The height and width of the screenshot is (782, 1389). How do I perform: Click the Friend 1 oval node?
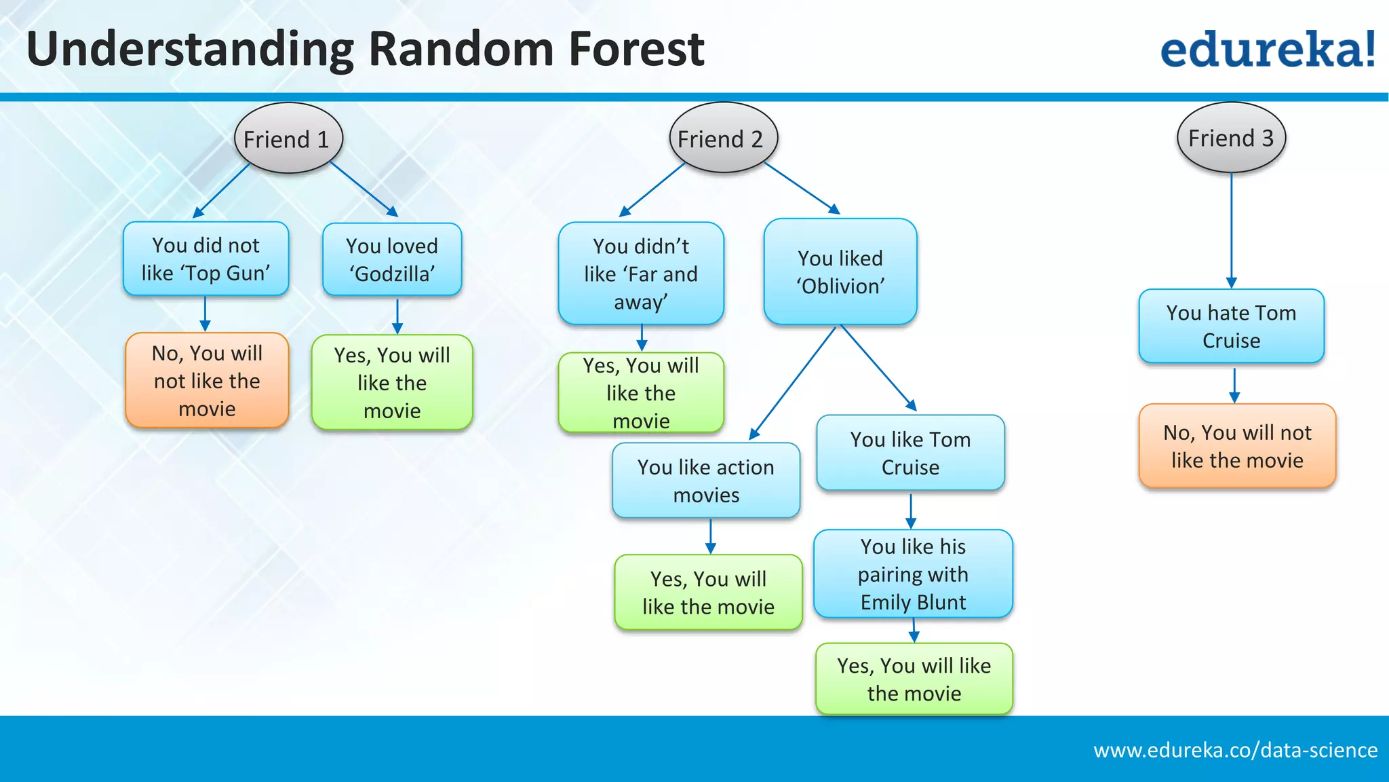tap(288, 138)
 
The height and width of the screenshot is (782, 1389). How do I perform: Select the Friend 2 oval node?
tap(722, 138)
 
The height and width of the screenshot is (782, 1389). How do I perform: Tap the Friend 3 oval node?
tap(1231, 138)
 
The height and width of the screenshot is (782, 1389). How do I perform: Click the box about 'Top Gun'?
tap(206, 259)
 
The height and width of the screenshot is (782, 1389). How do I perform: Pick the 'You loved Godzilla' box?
tap(392, 260)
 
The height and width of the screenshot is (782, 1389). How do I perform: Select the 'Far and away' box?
tap(641, 274)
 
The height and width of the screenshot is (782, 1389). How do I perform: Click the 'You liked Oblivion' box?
tap(840, 272)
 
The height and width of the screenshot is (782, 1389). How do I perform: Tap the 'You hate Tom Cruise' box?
tap(1231, 327)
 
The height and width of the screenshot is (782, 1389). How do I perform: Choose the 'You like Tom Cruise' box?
tap(910, 453)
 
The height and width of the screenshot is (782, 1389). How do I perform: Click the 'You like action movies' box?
tap(706, 481)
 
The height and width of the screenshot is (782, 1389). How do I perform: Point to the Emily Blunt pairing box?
tap(913, 574)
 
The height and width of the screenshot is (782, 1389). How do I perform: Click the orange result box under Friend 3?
tap(1237, 446)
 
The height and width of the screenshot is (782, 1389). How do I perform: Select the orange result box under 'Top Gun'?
tap(207, 381)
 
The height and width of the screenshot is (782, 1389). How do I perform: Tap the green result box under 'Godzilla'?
tap(392, 383)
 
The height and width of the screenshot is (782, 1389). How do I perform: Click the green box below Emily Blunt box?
tap(914, 679)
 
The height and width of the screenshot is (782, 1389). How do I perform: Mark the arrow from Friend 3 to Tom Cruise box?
tap(1232, 231)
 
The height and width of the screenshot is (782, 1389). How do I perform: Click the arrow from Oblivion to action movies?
tap(794, 384)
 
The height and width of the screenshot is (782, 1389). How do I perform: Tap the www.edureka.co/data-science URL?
tap(1235, 750)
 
